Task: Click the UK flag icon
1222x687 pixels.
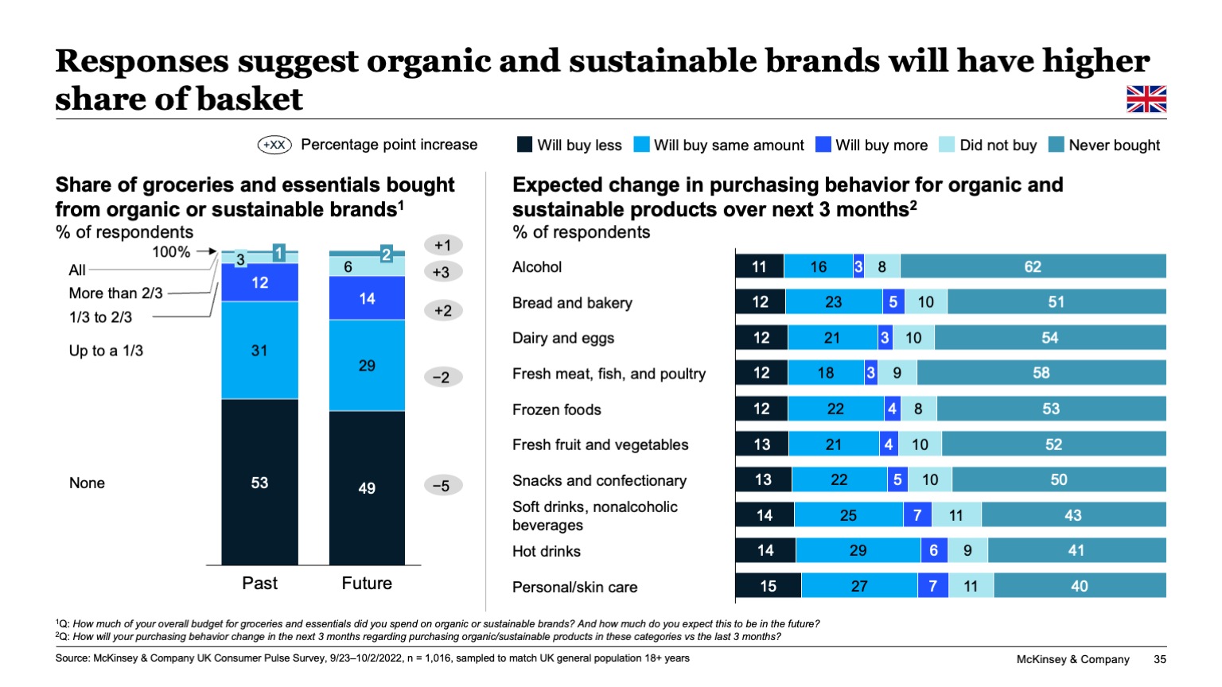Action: pyautogui.click(x=1146, y=99)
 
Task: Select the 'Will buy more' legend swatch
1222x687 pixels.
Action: pyautogui.click(x=823, y=145)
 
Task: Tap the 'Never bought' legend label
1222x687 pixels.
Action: pyautogui.click(x=1114, y=146)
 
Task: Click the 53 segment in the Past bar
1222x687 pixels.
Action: pyautogui.click(x=259, y=483)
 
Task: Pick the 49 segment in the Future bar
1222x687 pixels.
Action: pyautogui.click(x=367, y=488)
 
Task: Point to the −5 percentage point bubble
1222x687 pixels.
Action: pyautogui.click(x=442, y=486)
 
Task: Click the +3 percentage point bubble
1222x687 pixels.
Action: pyautogui.click(x=442, y=272)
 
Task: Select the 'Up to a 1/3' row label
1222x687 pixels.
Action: pyautogui.click(x=106, y=351)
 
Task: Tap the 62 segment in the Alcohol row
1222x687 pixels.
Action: pyautogui.click(x=1033, y=267)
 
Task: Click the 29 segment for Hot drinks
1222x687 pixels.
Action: pyautogui.click(x=858, y=550)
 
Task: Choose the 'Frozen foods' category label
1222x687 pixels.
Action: pyautogui.click(x=556, y=409)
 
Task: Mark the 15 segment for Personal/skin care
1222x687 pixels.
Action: pyautogui.click(x=768, y=586)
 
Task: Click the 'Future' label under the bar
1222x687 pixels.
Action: pyautogui.click(x=367, y=584)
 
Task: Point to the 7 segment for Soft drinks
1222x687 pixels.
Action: pyautogui.click(x=917, y=515)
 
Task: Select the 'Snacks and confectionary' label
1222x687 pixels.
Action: pyautogui.click(x=599, y=480)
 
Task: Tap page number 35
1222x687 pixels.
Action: pyautogui.click(x=1159, y=659)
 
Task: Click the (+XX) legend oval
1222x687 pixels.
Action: pyautogui.click(x=274, y=145)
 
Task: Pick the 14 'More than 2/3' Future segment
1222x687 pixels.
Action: pyautogui.click(x=367, y=298)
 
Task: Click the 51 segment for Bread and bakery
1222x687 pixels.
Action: pyautogui.click(x=1056, y=302)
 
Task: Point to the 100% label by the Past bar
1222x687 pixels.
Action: pyautogui.click(x=171, y=252)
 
